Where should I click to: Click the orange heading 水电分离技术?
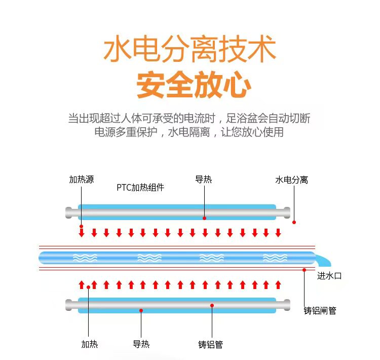(189, 49)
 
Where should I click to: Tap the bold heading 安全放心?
(194, 85)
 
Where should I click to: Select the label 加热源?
(81, 179)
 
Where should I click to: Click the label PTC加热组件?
(140, 188)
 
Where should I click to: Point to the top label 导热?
(203, 179)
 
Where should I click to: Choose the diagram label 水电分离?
(291, 179)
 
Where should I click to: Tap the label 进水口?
(329, 276)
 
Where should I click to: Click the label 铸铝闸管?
(320, 310)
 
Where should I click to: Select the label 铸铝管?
(210, 344)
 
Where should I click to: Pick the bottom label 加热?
(89, 344)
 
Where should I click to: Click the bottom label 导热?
(141, 344)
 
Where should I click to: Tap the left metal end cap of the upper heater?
(70, 212)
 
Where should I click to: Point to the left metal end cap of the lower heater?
(70, 305)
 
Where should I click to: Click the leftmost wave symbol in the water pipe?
(85, 258)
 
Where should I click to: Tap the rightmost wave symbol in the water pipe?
(275, 258)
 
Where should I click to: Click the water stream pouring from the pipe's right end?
(322, 260)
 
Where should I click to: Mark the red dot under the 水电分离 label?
(294, 222)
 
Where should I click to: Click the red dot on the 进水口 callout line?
(305, 270)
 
